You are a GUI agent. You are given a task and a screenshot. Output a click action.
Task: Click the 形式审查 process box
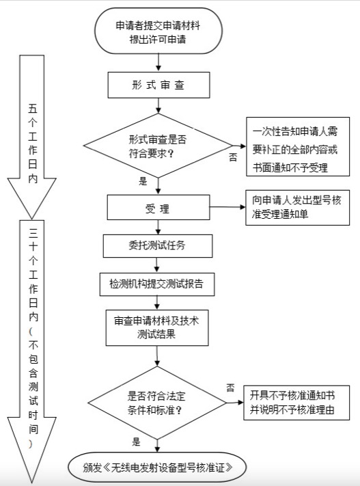coord(158,85)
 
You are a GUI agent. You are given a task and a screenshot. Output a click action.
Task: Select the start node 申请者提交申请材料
coord(158,31)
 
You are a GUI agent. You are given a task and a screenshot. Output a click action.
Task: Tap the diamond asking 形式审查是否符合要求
coord(158,146)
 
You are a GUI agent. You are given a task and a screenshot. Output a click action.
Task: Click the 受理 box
coord(158,207)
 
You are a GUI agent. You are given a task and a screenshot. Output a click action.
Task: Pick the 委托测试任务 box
coord(158,246)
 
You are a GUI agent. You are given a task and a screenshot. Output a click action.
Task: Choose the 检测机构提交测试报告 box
coord(156,284)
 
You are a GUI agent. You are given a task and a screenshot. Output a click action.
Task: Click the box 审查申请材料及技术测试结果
coord(156,327)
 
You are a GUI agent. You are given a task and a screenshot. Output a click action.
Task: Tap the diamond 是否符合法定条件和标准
coord(157,403)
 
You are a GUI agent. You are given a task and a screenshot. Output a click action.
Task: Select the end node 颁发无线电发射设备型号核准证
coord(157,468)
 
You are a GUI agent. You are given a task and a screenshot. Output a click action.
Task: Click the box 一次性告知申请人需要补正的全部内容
coord(298,146)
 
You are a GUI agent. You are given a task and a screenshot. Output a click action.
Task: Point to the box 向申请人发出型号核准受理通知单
coord(297,207)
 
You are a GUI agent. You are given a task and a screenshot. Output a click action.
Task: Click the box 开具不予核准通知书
coord(296,403)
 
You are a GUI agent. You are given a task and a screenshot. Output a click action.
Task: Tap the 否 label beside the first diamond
coord(233,157)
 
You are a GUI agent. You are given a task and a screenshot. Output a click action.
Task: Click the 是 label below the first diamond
coord(143,181)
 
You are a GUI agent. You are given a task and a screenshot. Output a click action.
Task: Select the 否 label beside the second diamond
coord(230,388)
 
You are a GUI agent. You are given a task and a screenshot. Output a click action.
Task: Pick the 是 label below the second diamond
coord(137,442)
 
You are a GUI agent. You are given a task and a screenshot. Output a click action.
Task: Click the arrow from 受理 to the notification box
coord(227,207)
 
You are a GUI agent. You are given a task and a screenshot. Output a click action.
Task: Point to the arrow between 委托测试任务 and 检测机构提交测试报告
coord(156,265)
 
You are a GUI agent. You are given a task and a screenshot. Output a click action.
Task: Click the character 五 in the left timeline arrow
coord(33,109)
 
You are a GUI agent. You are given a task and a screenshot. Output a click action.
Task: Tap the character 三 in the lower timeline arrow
coord(33,232)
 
